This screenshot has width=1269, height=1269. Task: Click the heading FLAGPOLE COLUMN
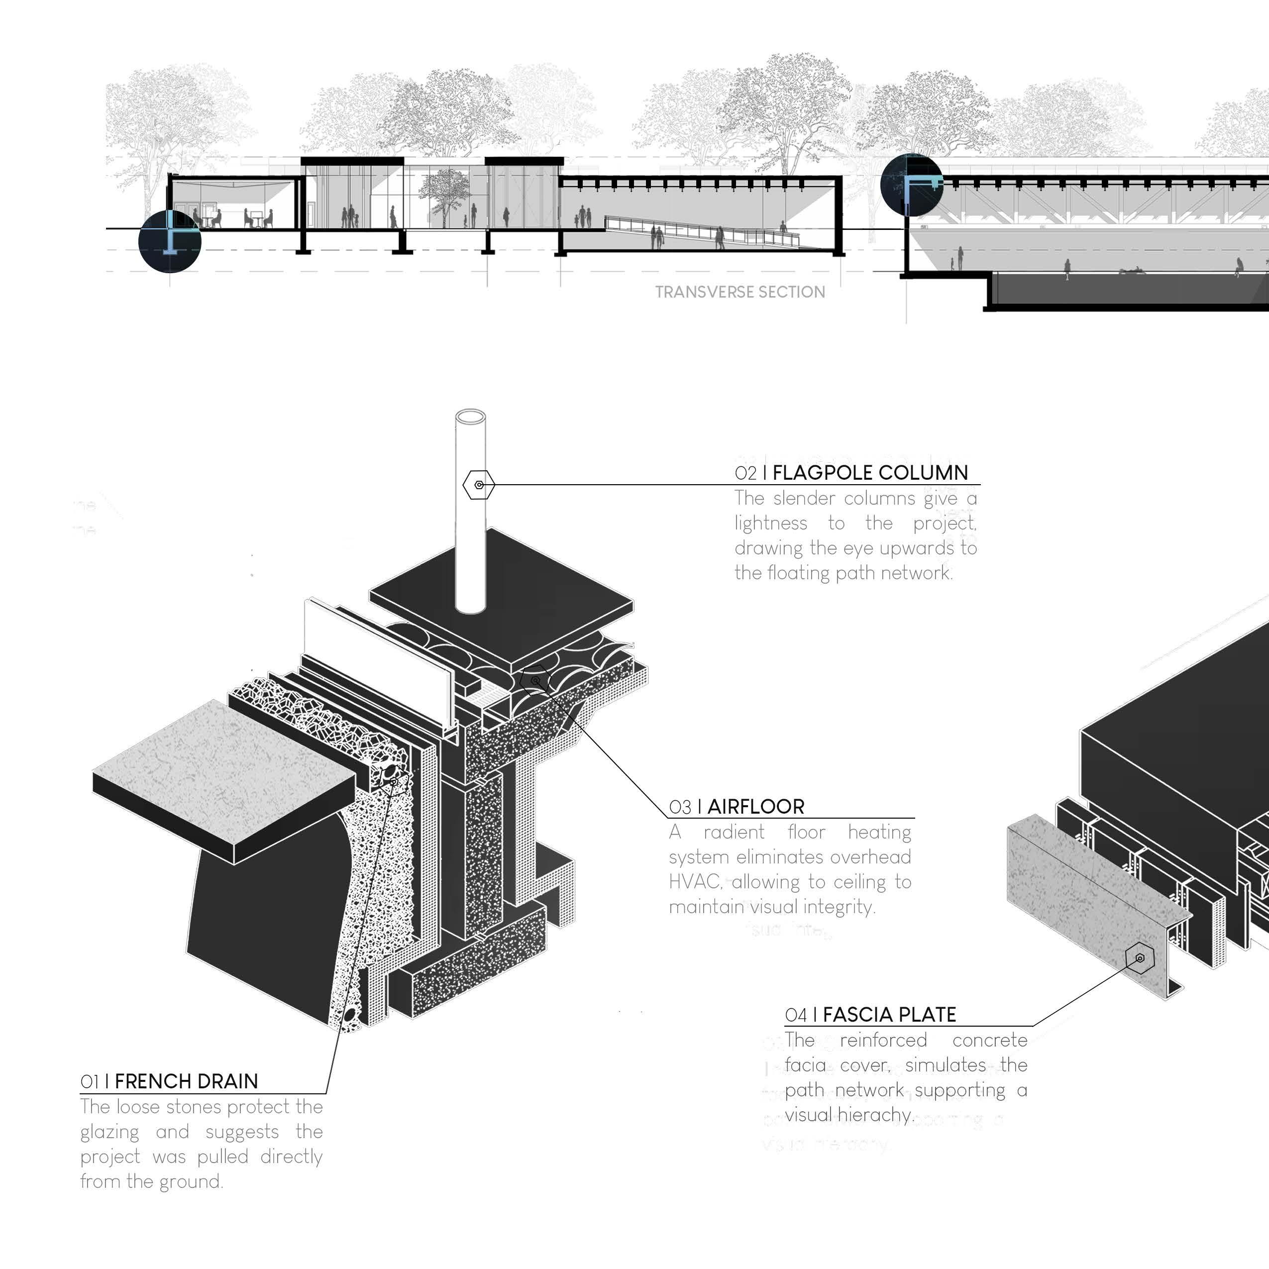[870, 473]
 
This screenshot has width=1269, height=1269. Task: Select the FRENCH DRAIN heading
[186, 1081]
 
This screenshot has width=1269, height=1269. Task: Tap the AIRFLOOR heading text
[755, 807]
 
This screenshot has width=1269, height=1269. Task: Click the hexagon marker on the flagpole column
[479, 485]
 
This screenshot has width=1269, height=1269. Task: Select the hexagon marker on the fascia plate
[1140, 958]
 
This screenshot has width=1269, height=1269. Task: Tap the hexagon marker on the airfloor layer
[536, 680]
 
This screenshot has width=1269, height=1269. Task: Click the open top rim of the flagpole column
[470, 417]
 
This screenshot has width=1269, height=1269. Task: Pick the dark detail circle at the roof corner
[911, 185]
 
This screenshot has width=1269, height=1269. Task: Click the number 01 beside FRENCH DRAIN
[90, 1082]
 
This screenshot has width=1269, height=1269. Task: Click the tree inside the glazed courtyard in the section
[444, 194]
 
